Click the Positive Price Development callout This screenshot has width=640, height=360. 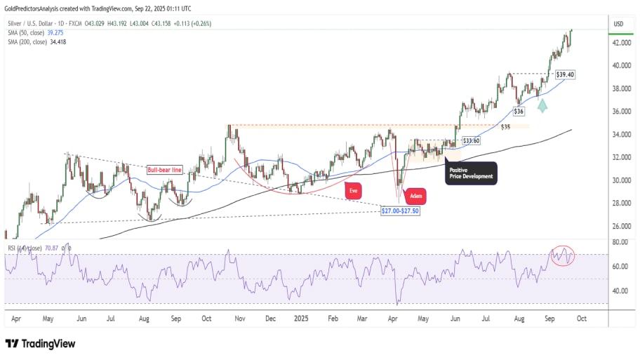point(471,173)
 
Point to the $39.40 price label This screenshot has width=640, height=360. point(565,74)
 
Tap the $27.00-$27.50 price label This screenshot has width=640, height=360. point(400,211)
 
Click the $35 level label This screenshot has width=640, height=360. point(505,127)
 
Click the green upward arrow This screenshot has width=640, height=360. point(543,105)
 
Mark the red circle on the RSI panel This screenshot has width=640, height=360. point(563,256)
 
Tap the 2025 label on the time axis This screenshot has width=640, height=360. point(301,318)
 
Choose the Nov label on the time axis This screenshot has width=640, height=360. point(240,318)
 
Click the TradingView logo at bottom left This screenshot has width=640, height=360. point(40,344)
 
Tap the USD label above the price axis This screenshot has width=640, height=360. point(618,25)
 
